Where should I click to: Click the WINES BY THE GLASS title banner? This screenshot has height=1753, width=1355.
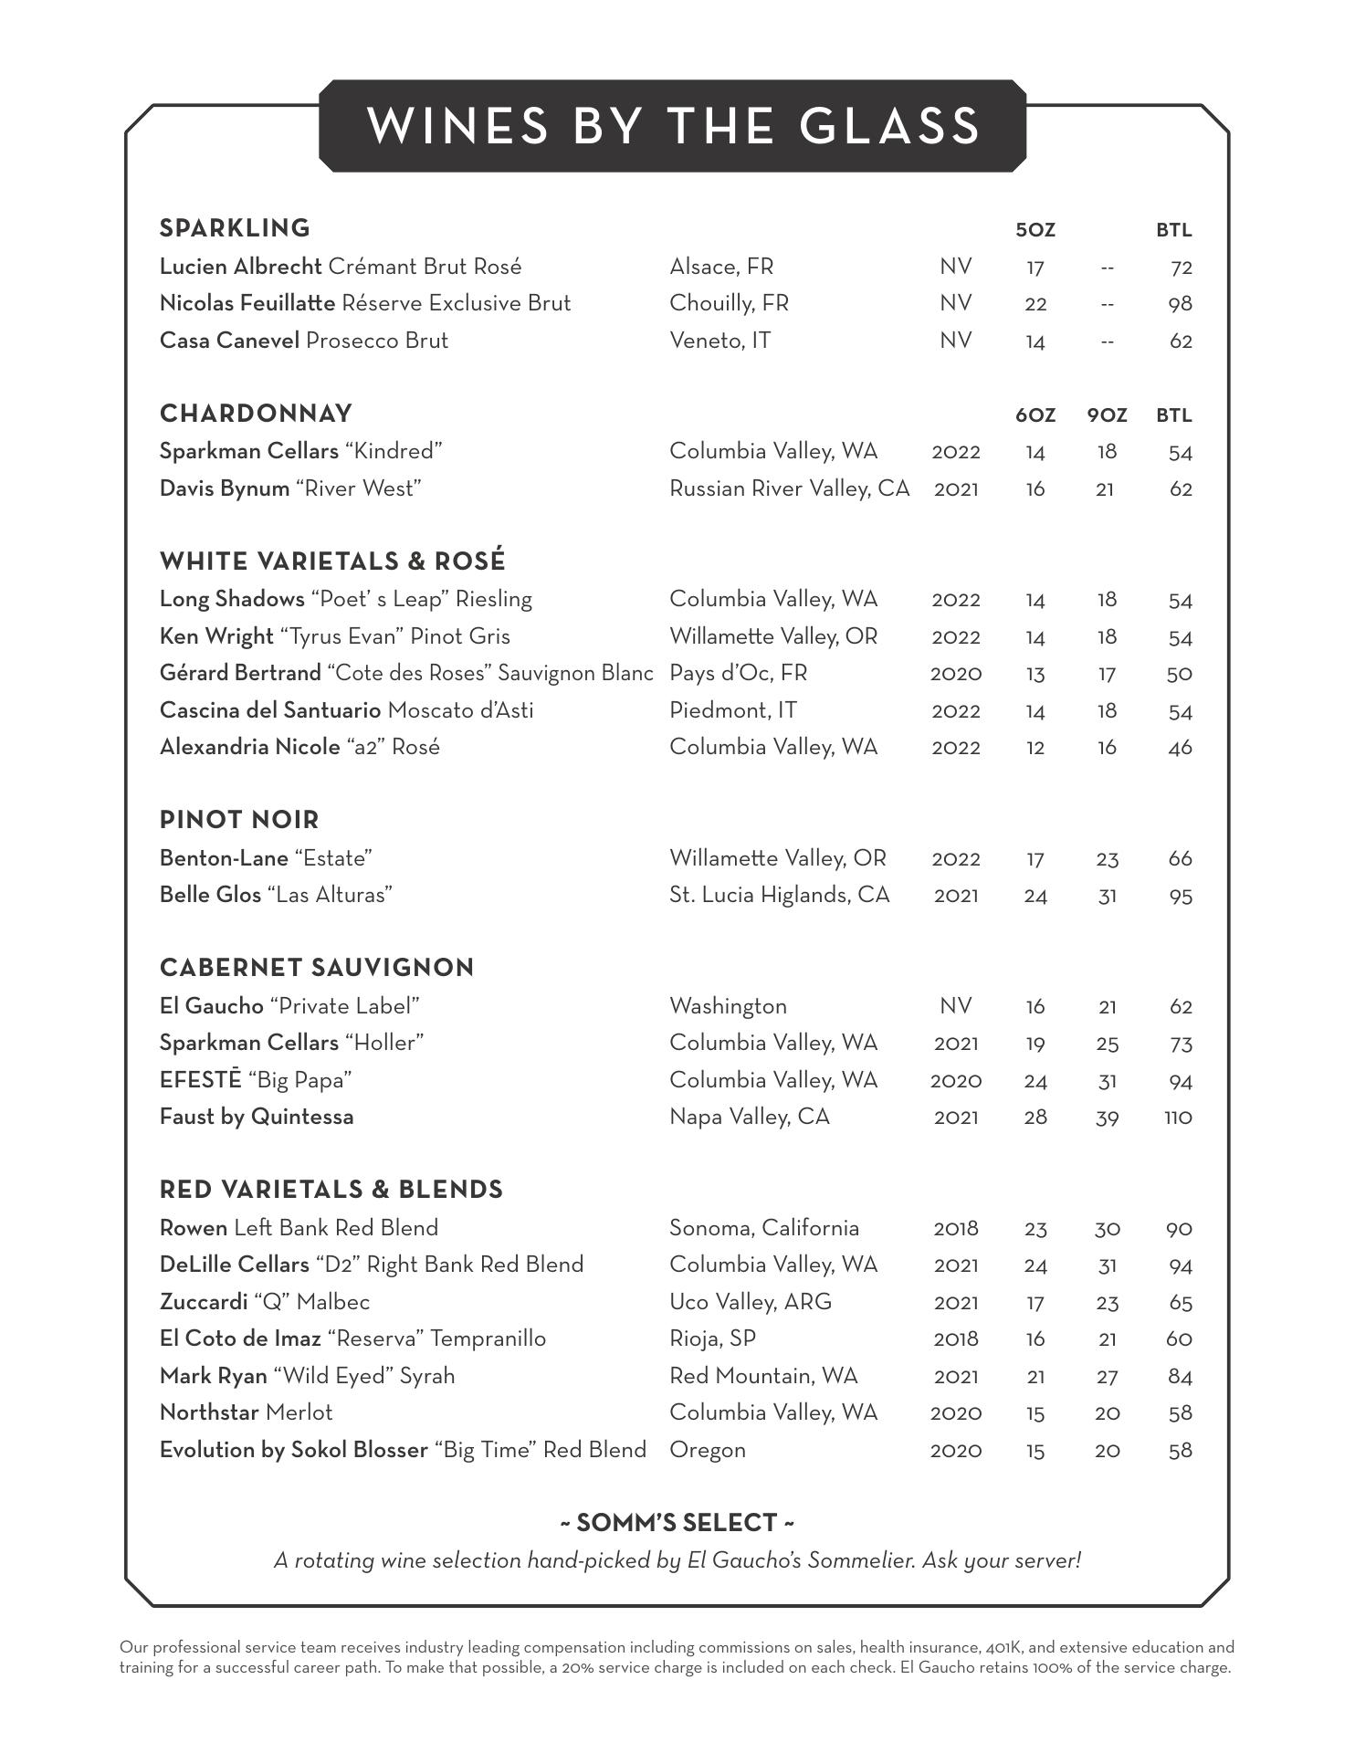pos(673,126)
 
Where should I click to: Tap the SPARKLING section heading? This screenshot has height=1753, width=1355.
pos(235,228)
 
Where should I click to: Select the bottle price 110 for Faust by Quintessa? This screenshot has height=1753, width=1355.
pos(1178,1118)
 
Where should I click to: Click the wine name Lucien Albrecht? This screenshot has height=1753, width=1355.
pos(240,267)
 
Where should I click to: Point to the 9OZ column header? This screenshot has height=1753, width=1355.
pos(1107,415)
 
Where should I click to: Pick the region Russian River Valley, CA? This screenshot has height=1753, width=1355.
pos(789,488)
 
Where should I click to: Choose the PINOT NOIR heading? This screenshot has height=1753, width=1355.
pos(239,820)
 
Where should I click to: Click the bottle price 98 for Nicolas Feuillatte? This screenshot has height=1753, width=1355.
pos(1180,304)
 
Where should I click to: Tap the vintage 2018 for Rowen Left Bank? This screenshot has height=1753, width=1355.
pos(955,1229)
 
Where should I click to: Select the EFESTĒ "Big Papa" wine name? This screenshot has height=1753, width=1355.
pos(256,1080)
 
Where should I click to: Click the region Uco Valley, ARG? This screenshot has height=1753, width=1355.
pos(750,1302)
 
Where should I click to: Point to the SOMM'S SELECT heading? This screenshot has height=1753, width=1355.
pos(677,1523)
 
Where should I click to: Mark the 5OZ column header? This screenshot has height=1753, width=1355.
pos(1035,230)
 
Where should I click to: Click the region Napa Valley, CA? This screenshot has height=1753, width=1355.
pos(749,1117)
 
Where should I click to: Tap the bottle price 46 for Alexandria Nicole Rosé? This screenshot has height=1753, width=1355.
pos(1180,748)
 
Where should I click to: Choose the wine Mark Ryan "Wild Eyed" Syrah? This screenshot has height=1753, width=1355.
pos(307,1376)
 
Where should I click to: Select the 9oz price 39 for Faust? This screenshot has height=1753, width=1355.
pos(1107,1118)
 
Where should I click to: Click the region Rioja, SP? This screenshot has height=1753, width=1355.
pos(712,1338)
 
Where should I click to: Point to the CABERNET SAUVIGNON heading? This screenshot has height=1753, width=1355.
pos(317,968)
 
